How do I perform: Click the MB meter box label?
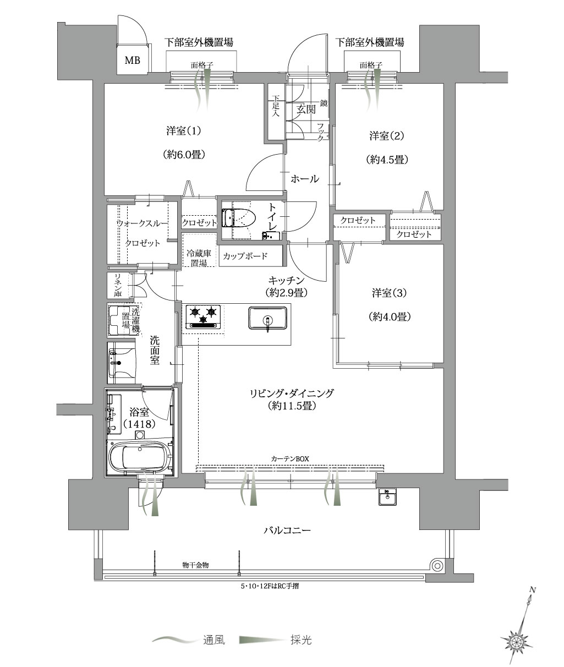tap(132, 61)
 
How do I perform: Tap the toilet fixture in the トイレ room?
tap(240, 217)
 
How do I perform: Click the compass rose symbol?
tap(516, 641)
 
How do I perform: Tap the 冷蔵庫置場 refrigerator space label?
tap(199, 259)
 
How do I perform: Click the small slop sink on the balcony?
tap(387, 497)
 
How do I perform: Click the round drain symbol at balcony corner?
tap(437, 566)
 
